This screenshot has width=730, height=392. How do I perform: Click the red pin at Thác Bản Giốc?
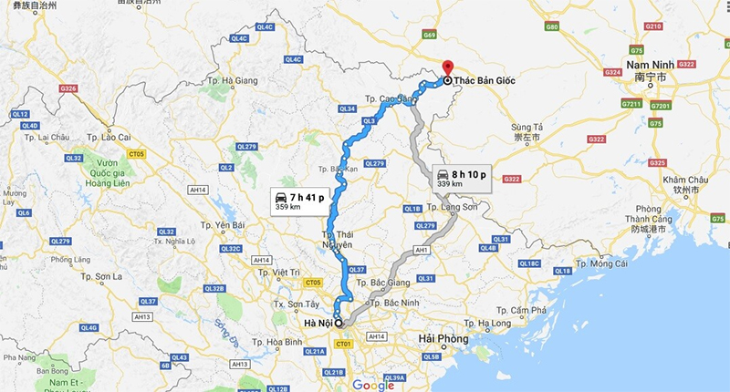pyautogui.click(x=446, y=67)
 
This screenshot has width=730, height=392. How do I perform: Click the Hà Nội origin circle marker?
pyautogui.click(x=338, y=323)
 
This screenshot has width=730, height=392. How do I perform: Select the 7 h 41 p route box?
pyautogui.click(x=298, y=201)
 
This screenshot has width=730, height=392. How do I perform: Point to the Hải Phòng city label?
pyautogui.click(x=442, y=339)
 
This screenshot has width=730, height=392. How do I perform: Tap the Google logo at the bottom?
pyautogui.click(x=373, y=384)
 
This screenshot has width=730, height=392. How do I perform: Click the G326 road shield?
pyautogui.click(x=67, y=88)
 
